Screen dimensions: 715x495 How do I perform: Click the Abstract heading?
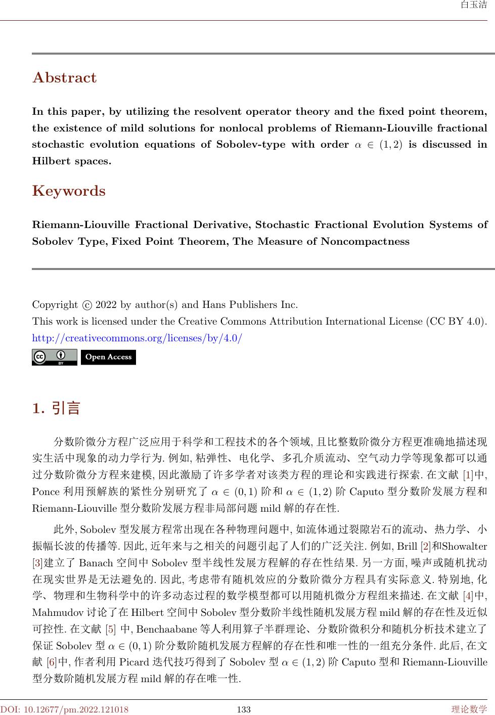[64, 78]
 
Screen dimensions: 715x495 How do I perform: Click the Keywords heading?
[69, 191]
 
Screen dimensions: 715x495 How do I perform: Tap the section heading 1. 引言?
[56, 408]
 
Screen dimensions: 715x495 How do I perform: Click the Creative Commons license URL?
[137, 337]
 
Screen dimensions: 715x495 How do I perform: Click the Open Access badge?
[108, 357]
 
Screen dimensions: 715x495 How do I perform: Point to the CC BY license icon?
[54, 357]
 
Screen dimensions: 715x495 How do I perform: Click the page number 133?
[244, 709]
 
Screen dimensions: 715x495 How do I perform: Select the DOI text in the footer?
[64, 709]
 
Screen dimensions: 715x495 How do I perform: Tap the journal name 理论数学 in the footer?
[469, 709]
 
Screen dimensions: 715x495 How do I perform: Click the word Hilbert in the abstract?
[48, 161]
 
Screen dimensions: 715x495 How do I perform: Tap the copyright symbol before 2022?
[86, 305]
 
